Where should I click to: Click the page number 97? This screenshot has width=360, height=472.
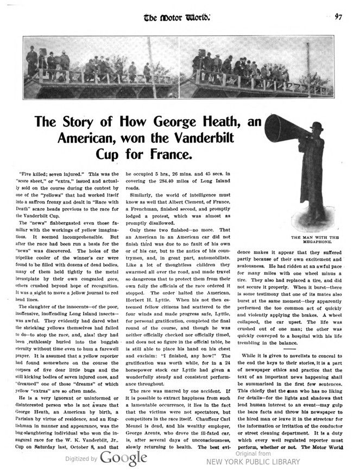coord(338,16)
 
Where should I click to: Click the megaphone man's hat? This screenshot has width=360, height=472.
coord(317,126)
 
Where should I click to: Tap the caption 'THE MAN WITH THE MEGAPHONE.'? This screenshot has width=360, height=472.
coord(315,240)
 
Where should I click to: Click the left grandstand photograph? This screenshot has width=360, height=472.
coord(102,67)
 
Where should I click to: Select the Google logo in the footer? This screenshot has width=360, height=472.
coord(124,458)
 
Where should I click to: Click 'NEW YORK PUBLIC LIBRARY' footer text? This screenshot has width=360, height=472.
coord(252,462)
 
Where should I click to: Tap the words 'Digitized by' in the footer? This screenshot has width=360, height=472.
coord(82,459)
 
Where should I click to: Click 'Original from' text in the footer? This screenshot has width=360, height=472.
coord(253,453)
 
